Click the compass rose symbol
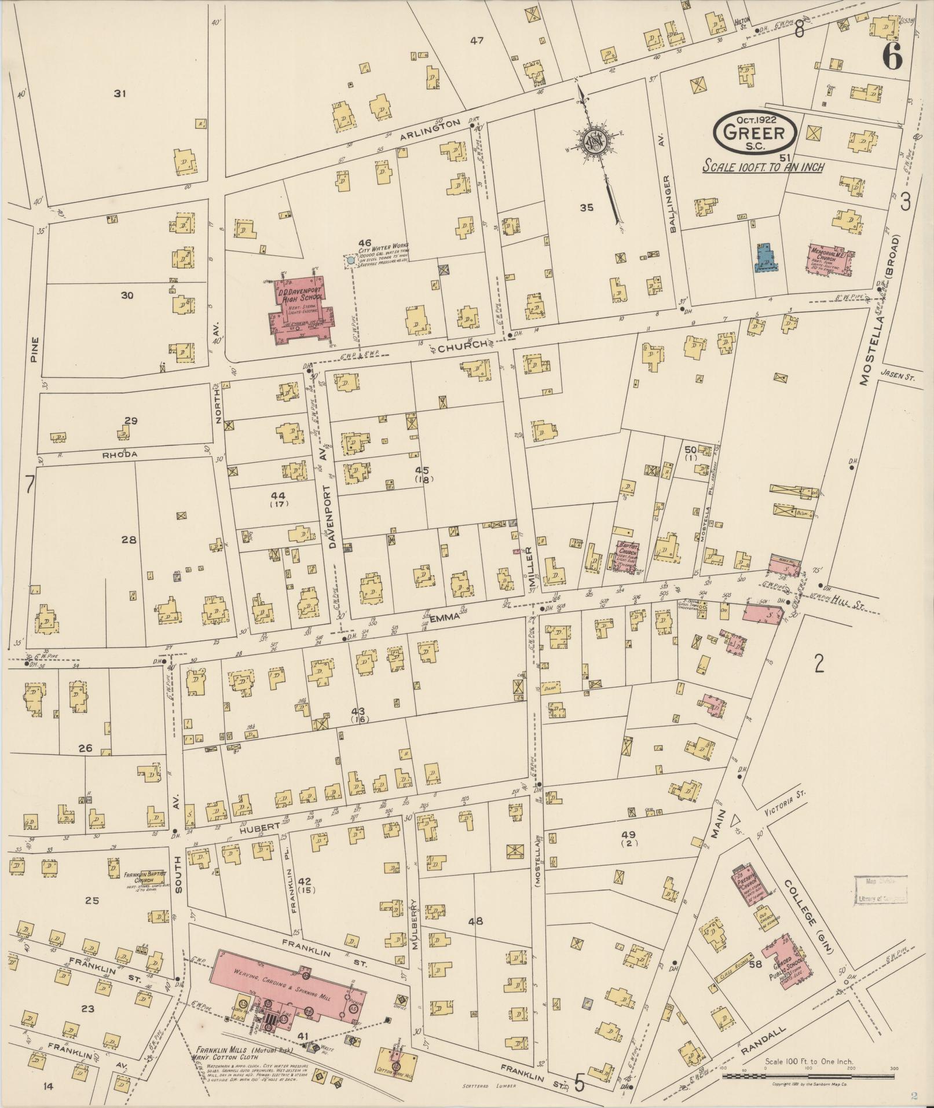pyautogui.click(x=593, y=140)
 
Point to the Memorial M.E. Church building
pyautogui.click(x=830, y=259)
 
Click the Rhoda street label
pyautogui.click(x=120, y=455)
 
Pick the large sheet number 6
pyautogui.click(x=892, y=57)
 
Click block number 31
pyautogui.click(x=120, y=93)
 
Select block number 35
pyautogui.click(x=587, y=207)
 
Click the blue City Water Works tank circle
pyautogui.click(x=350, y=261)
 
